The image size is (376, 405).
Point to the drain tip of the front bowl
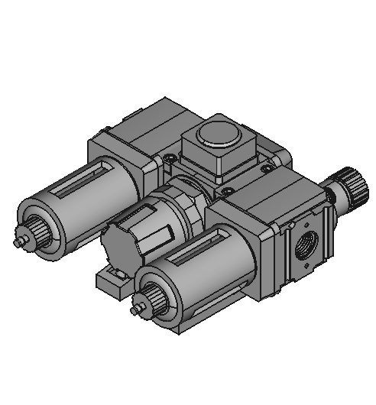[x=135, y=312]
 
